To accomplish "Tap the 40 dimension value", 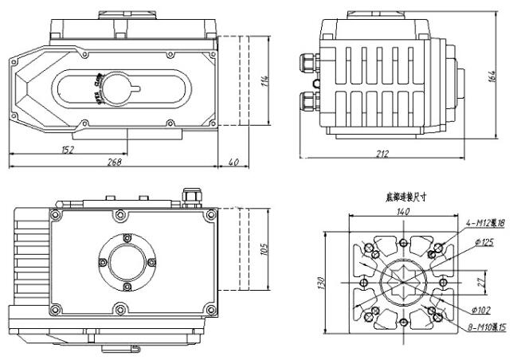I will click(233, 162).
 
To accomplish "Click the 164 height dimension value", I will click(493, 76).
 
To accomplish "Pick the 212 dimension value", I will click(382, 154).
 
